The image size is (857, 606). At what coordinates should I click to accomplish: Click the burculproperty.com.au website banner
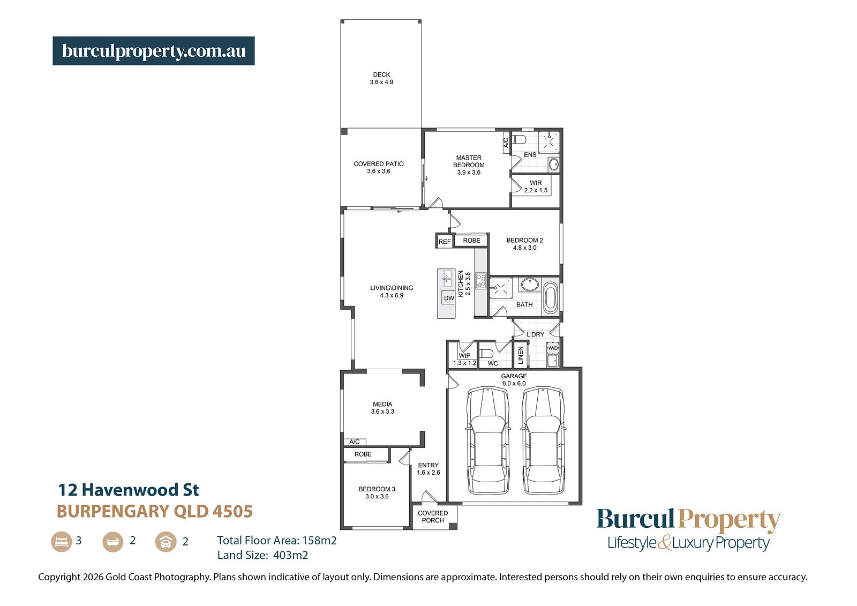pos(153,51)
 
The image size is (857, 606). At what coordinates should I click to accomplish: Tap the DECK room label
pos(381,78)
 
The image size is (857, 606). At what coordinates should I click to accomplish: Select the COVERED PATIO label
pos(378,167)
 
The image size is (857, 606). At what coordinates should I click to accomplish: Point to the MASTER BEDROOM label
pos(469,165)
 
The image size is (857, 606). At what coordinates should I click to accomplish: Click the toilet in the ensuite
pos(519,139)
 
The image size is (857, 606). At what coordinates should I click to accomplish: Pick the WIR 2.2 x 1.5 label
pos(536,186)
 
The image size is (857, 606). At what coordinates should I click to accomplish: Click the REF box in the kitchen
pos(445,242)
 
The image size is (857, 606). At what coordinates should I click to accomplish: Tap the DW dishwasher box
pos(449,298)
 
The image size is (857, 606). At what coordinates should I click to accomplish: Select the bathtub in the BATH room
pos(551,298)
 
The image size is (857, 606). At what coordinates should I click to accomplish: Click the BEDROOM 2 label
pos(524,244)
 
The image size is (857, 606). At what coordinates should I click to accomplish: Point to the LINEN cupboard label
pos(520,355)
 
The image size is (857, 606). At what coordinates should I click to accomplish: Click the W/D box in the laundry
pos(553,348)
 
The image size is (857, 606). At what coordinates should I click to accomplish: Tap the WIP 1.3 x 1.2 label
pos(464,359)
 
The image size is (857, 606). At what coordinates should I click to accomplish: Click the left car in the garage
pos(488,440)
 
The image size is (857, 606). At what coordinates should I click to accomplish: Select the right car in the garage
pos(543,440)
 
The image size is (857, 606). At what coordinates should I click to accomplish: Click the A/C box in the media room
pos(355,442)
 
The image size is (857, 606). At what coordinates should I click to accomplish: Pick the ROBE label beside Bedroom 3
pos(363,454)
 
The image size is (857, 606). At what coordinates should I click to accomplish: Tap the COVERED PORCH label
pos(433,517)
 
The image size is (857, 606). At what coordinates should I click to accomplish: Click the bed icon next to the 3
pos(62,541)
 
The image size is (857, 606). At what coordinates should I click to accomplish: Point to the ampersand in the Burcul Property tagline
pos(664,542)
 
